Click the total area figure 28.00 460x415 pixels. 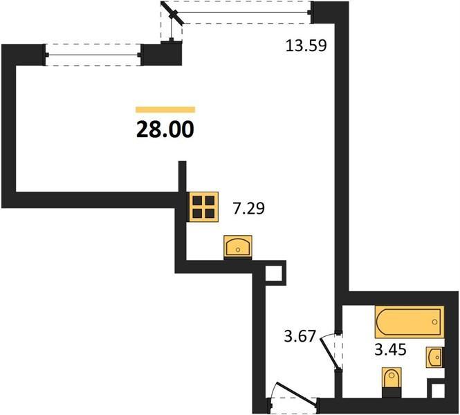[165, 129]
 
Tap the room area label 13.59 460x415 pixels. [306, 46]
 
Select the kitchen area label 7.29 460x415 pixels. [249, 208]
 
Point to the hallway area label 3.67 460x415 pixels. [300, 336]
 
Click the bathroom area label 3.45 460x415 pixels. [390, 349]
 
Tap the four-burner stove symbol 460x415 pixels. [203, 207]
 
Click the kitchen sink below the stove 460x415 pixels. [238, 247]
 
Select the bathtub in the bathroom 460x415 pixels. [410, 322]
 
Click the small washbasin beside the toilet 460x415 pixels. [435, 357]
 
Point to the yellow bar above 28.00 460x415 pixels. [165, 110]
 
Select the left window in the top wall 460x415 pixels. [93, 55]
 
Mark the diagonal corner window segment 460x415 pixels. [173, 13]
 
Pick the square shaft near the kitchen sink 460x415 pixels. [274, 274]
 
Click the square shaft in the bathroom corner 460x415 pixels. [438, 391]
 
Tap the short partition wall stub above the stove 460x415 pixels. [183, 176]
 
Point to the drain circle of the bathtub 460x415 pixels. [435, 322]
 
